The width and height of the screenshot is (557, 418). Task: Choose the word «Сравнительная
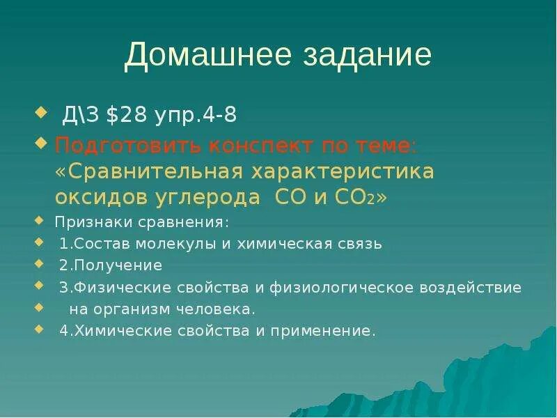[x=152, y=172]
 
